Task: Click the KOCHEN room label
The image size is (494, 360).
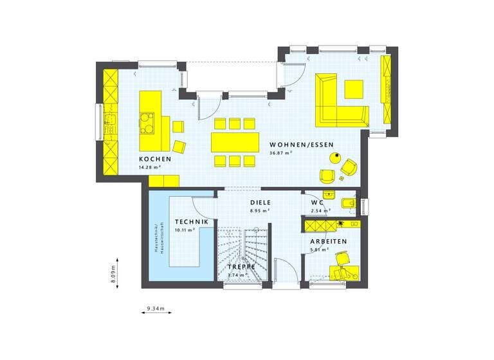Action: (x=154, y=159)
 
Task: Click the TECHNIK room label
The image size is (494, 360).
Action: (x=192, y=222)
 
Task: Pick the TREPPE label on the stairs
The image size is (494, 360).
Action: (x=242, y=266)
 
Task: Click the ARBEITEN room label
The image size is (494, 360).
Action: (x=328, y=241)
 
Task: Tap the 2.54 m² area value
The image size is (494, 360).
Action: (x=320, y=210)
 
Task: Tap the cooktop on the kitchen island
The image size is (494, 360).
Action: (x=148, y=122)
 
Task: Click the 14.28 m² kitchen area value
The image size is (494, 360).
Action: (x=149, y=167)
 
